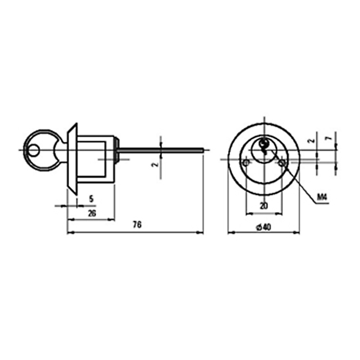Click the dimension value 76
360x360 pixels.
click(137, 225)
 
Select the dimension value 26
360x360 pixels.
click(92, 213)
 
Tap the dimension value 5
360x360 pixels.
click(91, 199)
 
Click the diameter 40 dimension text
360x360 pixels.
click(264, 227)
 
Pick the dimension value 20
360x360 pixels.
click(264, 206)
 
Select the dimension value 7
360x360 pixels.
click(329, 138)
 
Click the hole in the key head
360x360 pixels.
click(33, 150)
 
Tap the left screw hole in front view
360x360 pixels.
click(246, 163)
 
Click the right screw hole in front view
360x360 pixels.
click(282, 163)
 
